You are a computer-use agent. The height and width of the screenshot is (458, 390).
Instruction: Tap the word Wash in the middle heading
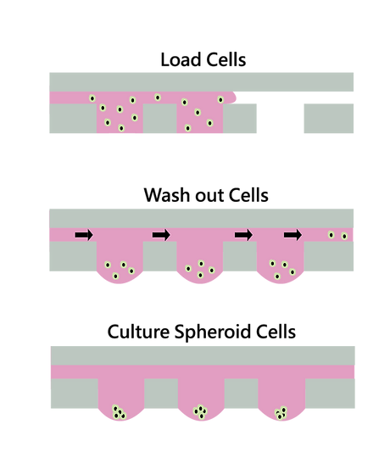point(167,195)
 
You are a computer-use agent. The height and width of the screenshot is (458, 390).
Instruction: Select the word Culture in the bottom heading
point(138,332)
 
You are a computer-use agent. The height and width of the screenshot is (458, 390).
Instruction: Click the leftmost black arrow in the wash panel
point(84,235)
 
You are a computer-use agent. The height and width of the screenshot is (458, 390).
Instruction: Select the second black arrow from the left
point(161,235)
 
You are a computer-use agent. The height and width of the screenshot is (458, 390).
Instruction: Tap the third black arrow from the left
point(243,235)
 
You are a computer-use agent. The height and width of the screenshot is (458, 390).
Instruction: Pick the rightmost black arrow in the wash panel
point(292,235)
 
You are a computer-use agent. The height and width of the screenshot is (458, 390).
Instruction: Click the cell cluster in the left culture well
point(119,412)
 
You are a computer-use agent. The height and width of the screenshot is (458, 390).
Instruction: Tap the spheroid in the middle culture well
point(201,412)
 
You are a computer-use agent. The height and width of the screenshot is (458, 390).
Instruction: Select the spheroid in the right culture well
point(281,413)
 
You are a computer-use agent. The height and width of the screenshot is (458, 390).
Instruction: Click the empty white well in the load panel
point(281,118)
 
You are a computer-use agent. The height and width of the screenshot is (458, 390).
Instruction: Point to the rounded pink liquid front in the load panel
point(232,98)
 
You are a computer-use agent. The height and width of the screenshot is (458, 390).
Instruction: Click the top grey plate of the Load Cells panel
point(202,81)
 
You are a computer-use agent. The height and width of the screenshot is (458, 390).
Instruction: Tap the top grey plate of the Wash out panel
point(202,218)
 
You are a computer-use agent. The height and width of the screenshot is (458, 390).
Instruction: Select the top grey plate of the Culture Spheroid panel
point(203,355)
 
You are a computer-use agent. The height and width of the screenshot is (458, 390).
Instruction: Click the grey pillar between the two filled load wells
point(159,118)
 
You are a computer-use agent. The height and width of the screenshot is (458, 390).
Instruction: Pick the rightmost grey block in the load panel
point(329,118)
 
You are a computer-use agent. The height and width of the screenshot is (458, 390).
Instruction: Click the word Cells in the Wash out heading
point(248,195)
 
